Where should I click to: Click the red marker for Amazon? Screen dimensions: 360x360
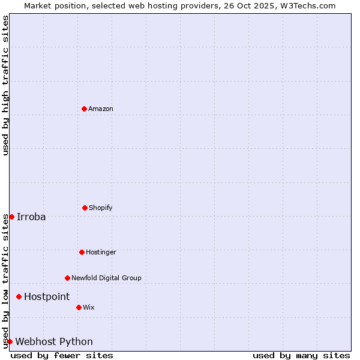(85, 109)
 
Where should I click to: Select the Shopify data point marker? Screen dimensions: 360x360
(85, 208)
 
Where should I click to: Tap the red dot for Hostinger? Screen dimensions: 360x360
(82, 252)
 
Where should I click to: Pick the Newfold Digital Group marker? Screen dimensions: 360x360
(67, 278)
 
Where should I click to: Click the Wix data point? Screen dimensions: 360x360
(79, 307)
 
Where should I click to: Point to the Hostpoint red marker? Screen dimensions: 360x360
(19, 296)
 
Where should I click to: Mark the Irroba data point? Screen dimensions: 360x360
(11, 217)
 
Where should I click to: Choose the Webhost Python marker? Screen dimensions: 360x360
(10, 341)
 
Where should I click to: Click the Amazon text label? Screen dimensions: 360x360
(101, 109)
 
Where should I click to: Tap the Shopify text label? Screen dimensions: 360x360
(101, 208)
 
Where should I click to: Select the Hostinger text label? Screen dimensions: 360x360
(101, 252)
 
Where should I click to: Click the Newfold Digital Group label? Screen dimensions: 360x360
(106, 278)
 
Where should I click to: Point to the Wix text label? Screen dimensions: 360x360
(89, 307)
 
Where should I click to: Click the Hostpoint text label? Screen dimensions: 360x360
(47, 296)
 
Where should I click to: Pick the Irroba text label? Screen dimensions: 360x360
(31, 217)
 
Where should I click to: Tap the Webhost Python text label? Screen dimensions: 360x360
(54, 341)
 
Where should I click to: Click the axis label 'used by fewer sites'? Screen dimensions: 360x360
(62, 355)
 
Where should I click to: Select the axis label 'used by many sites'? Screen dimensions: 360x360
(301, 355)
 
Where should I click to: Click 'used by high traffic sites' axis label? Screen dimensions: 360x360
(5, 85)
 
